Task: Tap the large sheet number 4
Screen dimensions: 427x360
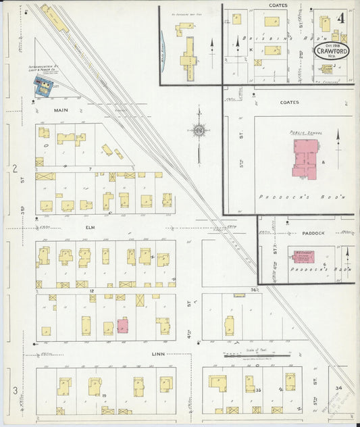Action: coord(342,16)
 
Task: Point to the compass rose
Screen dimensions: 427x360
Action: coord(199,130)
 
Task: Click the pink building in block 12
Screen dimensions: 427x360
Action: coord(123,326)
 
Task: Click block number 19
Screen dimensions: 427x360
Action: coord(105,394)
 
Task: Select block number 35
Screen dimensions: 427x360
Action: coord(258,390)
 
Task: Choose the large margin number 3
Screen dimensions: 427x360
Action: coord(15,391)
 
